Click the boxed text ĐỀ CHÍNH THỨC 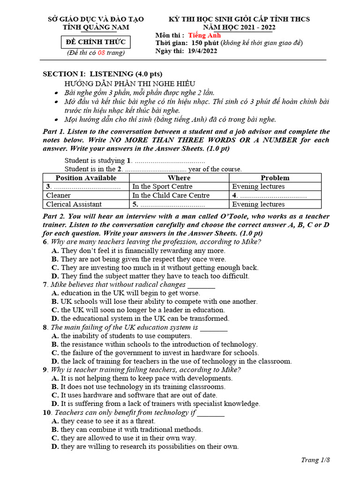tap(96, 43)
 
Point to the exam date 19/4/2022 tap(202, 51)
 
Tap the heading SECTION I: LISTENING tap(103, 74)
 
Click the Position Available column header tap(86, 178)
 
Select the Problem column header tap(275, 178)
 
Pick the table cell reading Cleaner tap(59, 195)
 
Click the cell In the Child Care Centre tap(171, 195)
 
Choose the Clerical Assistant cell tap(74, 204)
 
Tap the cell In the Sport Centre tap(162, 187)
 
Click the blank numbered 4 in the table tap(269, 195)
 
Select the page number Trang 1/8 tap(315, 460)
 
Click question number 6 tap(45, 242)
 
